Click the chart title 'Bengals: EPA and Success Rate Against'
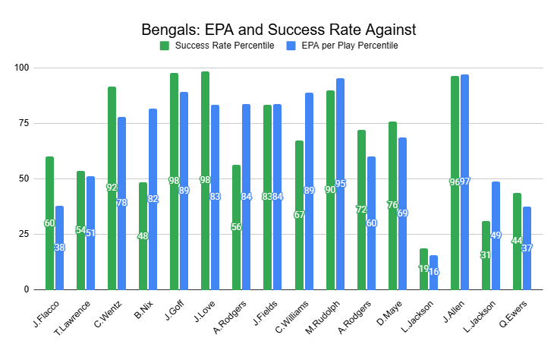(x=278, y=30)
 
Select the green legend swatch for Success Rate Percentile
(x=165, y=46)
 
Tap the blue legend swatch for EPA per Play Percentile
(x=290, y=46)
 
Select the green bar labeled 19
(x=423, y=269)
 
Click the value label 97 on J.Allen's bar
(x=464, y=182)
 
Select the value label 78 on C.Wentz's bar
(x=121, y=204)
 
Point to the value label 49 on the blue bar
(x=496, y=235)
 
